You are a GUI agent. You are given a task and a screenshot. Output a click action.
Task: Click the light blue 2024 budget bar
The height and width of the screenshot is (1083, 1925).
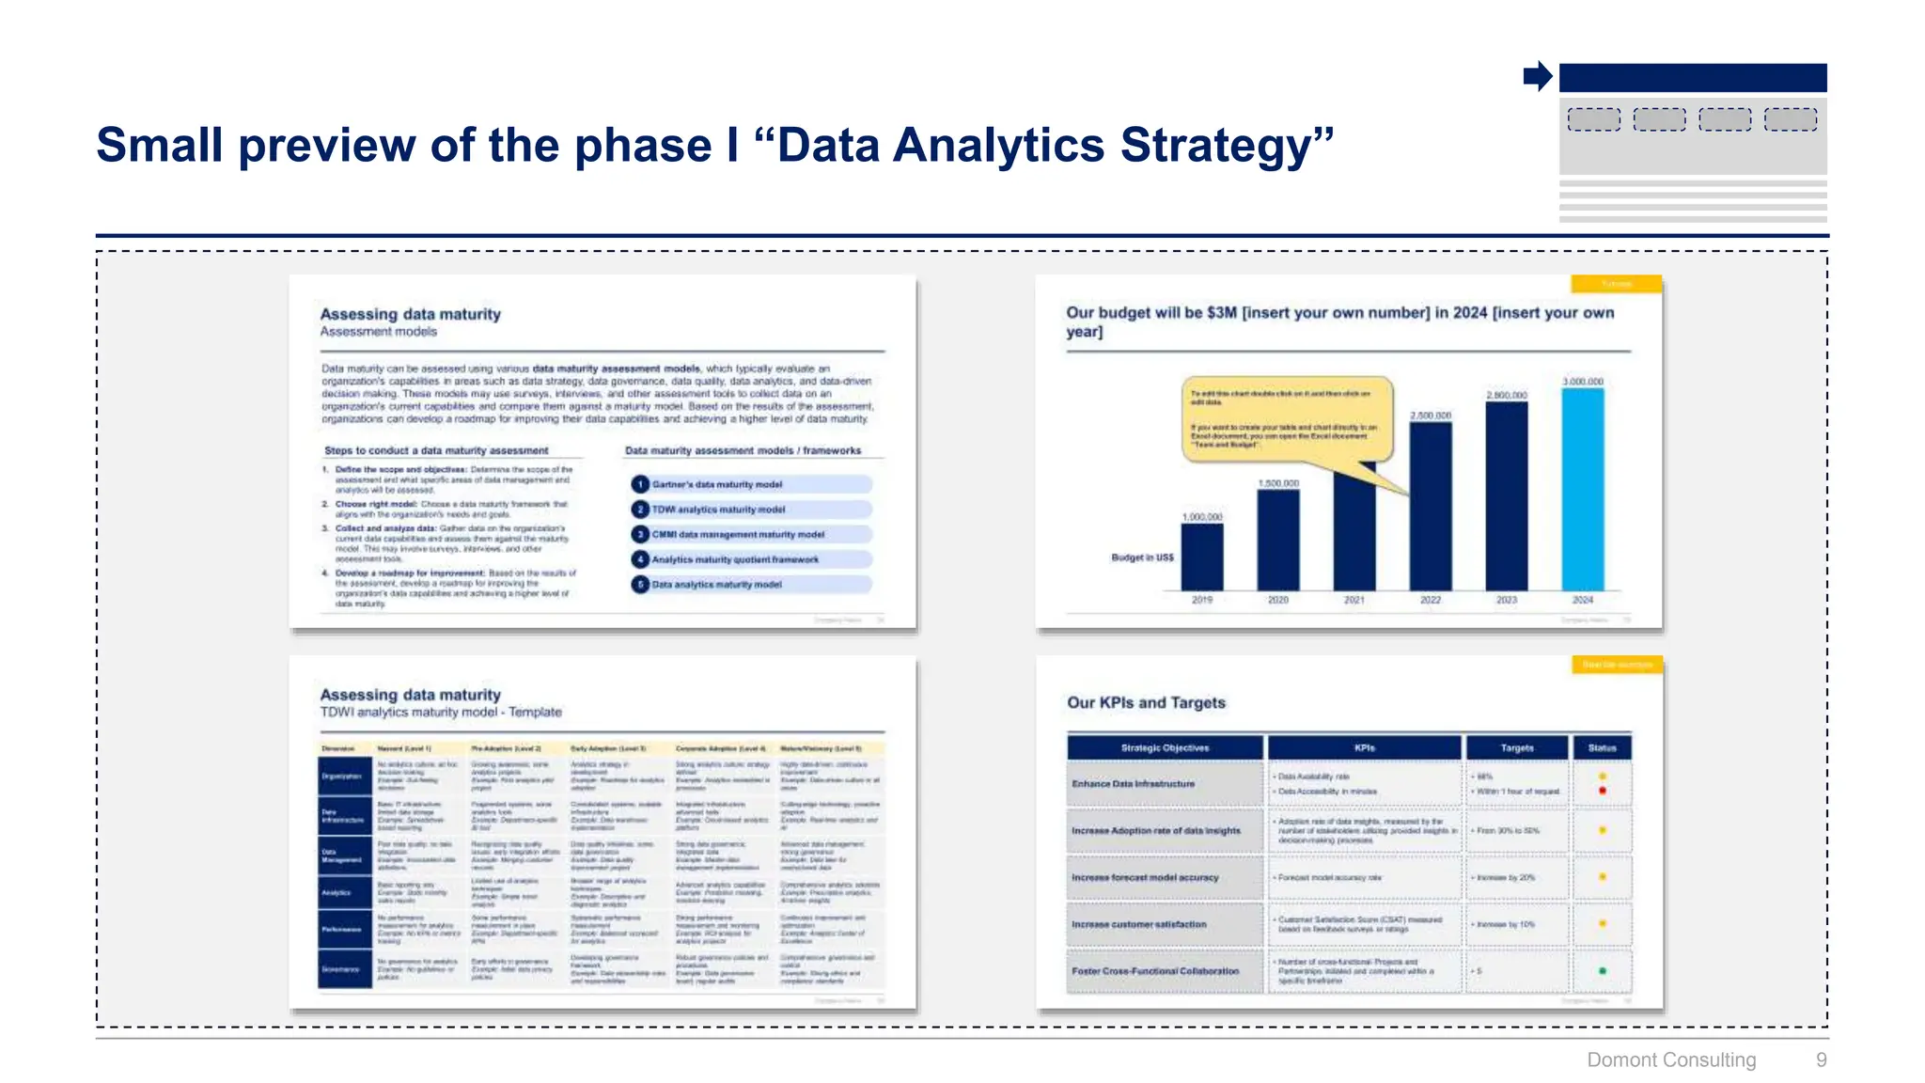pyautogui.click(x=1583, y=489)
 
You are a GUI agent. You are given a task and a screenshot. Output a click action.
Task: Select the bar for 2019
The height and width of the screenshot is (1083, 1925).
pyautogui.click(x=1202, y=557)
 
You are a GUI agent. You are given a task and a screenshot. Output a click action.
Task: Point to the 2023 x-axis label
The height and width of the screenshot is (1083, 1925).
pyautogui.click(x=1507, y=600)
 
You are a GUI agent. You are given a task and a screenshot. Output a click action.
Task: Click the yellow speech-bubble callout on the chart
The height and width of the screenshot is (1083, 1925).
pyautogui.click(x=1286, y=419)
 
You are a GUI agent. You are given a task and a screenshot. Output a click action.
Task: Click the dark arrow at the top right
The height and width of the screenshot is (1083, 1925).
pyautogui.click(x=1538, y=76)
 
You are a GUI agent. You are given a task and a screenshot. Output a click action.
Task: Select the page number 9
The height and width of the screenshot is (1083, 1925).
pyautogui.click(x=1821, y=1059)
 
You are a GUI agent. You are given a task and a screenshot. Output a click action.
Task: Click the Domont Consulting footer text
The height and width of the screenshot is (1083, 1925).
pyautogui.click(x=1671, y=1059)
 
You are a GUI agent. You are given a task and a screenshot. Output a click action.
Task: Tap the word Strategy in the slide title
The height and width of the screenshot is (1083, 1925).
pyautogui.click(x=1227, y=146)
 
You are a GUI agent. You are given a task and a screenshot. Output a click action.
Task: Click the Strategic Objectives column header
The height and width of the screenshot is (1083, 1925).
pyautogui.click(x=1165, y=748)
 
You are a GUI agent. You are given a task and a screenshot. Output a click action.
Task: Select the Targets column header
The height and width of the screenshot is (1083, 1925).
pyautogui.click(x=1517, y=748)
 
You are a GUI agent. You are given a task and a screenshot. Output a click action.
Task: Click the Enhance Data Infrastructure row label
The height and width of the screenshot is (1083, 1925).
pyautogui.click(x=1134, y=783)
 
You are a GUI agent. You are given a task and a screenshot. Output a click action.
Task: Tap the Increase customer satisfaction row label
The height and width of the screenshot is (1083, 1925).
pyautogui.click(x=1139, y=924)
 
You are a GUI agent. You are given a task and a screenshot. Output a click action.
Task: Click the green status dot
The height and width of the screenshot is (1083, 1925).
pyautogui.click(x=1603, y=971)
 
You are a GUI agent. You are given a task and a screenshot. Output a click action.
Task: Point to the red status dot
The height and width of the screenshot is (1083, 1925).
pyautogui.click(x=1603, y=791)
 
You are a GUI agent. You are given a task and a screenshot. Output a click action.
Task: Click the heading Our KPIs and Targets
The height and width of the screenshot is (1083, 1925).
pyautogui.click(x=1146, y=702)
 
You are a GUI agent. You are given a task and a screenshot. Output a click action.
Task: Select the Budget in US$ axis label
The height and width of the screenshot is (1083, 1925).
pyautogui.click(x=1142, y=557)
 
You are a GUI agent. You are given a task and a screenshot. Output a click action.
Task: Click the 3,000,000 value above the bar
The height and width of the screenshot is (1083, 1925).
pyautogui.click(x=1583, y=382)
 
